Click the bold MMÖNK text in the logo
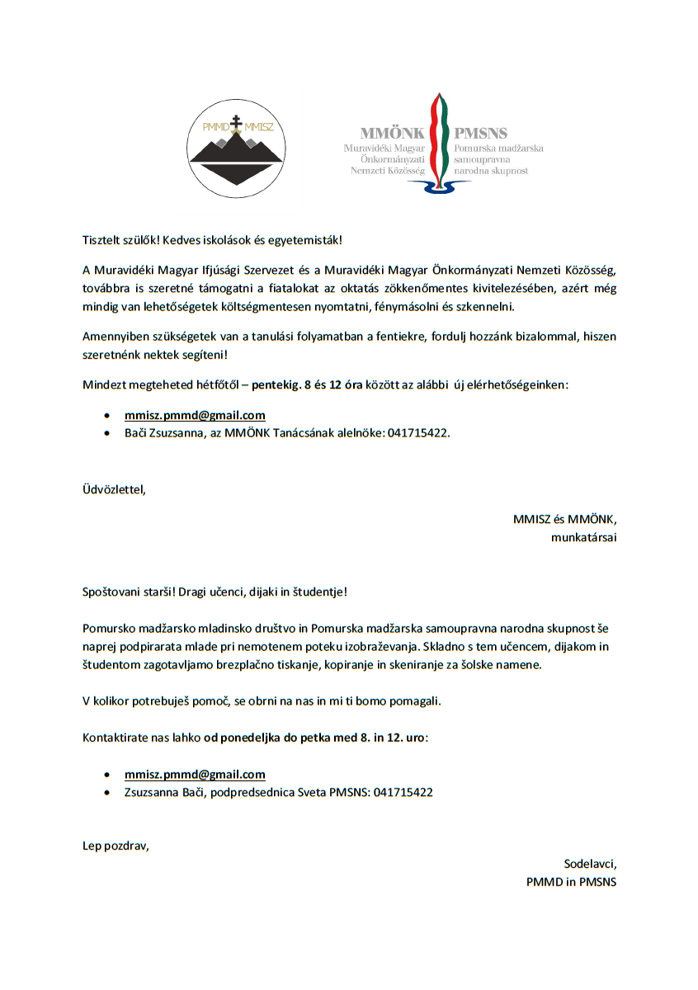[392, 132]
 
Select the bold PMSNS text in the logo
[480, 132]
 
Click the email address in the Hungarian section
[195, 415]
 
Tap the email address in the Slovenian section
[195, 774]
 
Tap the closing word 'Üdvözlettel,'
[114, 489]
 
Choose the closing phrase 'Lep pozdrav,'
[116, 846]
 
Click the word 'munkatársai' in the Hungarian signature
[584, 537]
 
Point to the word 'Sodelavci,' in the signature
[590, 864]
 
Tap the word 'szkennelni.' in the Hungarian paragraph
[488, 306]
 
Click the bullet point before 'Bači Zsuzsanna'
[107, 433]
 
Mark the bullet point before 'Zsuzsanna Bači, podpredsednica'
[107, 792]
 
